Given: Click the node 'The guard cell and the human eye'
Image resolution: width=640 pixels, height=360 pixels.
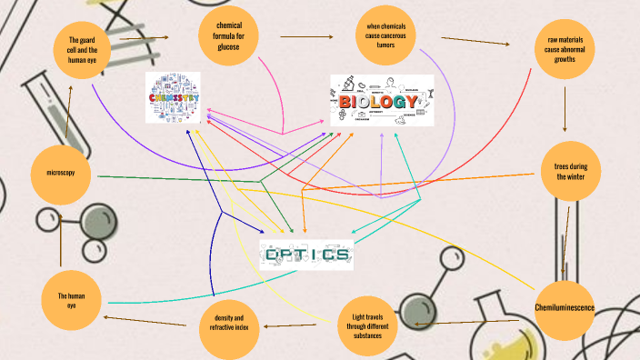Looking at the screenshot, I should pos(89,50).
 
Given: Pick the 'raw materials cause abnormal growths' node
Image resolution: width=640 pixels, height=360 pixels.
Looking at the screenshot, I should pos(565,55).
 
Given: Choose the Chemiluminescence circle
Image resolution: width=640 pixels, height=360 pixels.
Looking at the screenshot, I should pos(564,308).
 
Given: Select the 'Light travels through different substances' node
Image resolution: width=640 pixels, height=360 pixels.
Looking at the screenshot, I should pos(368,325).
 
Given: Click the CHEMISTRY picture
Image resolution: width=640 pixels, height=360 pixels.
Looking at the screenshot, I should pos(173,97).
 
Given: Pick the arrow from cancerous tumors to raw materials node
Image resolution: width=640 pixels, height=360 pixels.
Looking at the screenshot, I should pos(475,41).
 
